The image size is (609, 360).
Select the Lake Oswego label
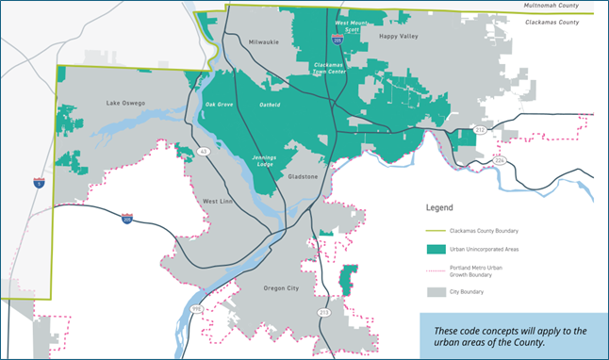pyautogui.click(x=125, y=102)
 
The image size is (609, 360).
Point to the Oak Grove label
pyautogui.click(x=218, y=105)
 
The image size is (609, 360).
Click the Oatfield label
pyautogui.click(x=271, y=105)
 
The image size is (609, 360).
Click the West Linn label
pyautogui.click(x=220, y=202)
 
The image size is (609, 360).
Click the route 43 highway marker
pyautogui.click(x=205, y=152)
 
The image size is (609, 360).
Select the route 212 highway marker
pyautogui.click(x=480, y=129)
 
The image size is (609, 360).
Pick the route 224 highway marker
pyautogui.click(x=500, y=161)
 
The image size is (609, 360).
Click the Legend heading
pyautogui.click(x=439, y=207)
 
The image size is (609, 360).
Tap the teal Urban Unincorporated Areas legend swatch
pyautogui.click(x=436, y=250)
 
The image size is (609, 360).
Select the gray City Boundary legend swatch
pyautogui.click(x=436, y=292)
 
